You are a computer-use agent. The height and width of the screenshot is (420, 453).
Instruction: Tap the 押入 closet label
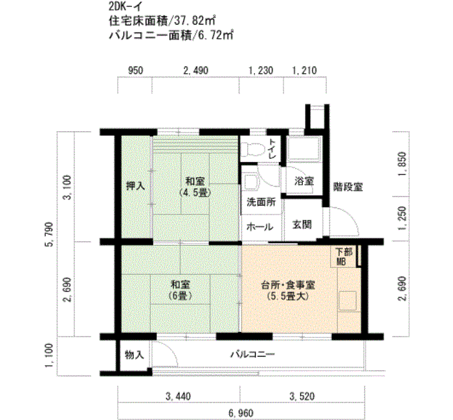tap(135, 186)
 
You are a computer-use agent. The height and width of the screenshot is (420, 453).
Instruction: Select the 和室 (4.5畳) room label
tap(195, 187)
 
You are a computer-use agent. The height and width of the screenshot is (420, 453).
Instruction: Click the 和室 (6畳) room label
tap(181, 290)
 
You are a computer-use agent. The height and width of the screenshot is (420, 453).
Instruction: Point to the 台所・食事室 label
tap(288, 291)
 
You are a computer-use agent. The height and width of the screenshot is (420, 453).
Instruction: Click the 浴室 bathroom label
tap(304, 181)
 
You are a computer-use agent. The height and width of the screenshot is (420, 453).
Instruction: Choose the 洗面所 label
tap(261, 202)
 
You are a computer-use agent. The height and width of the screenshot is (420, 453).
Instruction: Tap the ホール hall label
tap(260, 227)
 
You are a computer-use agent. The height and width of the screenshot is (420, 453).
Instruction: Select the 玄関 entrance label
tap(302, 224)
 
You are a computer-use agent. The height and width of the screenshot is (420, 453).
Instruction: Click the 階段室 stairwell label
tap(348, 187)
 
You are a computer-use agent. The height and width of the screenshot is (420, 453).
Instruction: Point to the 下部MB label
tap(344, 257)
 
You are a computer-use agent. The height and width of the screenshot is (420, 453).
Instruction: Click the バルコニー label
tap(252, 354)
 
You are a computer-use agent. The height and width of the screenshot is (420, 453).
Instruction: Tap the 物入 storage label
tap(135, 355)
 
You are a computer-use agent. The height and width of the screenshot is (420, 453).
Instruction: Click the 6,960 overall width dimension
tap(241, 414)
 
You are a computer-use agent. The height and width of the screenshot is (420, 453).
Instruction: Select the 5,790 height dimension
tap(50, 234)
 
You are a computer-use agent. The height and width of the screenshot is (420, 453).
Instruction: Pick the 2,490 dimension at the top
tap(195, 70)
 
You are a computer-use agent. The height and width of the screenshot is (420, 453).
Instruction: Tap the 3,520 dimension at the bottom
tap(302, 396)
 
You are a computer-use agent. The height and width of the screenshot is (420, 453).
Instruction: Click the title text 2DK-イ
tap(125, 6)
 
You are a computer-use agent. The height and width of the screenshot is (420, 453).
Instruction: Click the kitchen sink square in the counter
tap(348, 301)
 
